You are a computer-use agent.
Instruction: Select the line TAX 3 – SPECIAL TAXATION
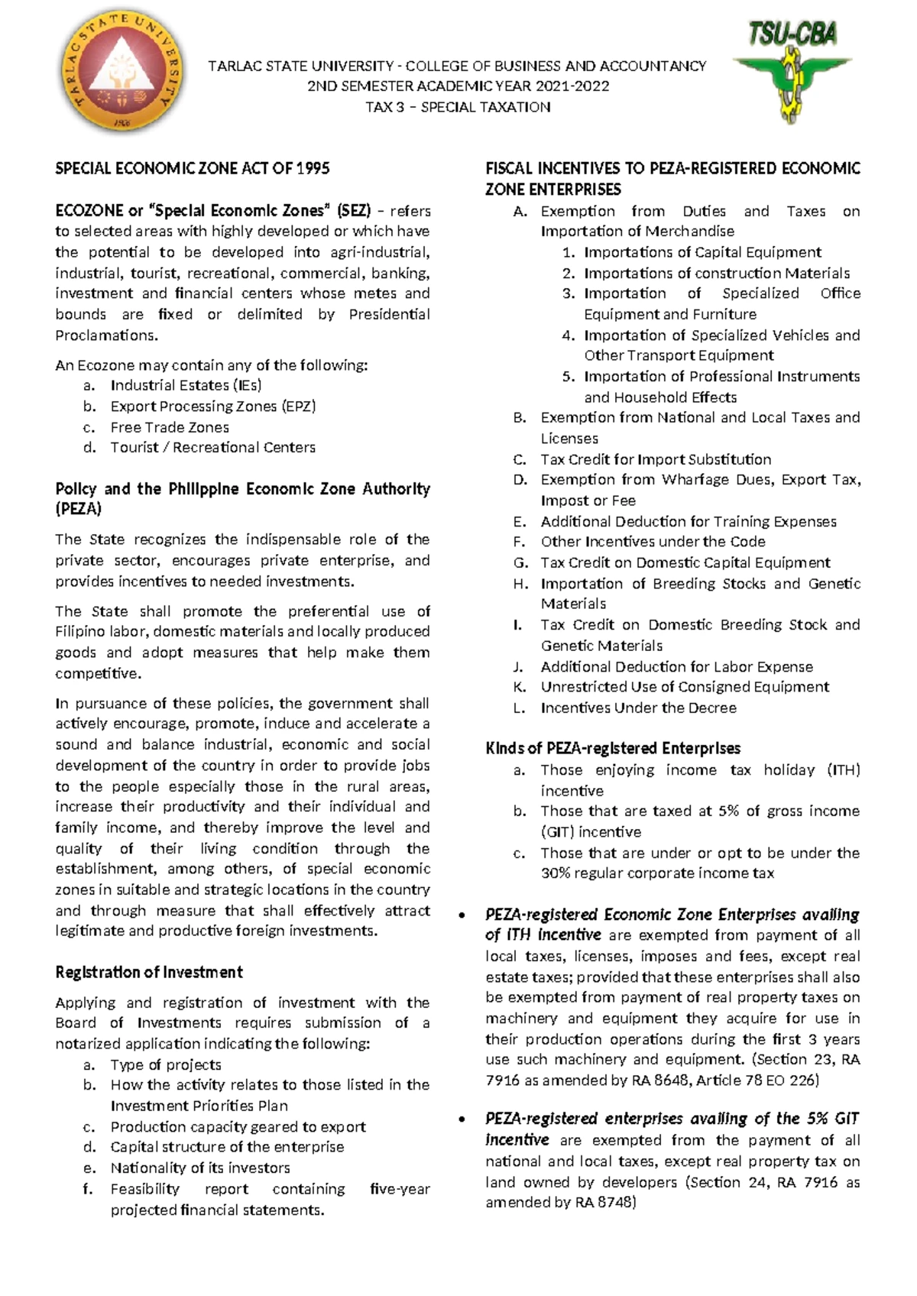coord(458,107)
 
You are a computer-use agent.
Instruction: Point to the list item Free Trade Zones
coord(170,427)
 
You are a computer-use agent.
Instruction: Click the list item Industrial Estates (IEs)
coord(186,385)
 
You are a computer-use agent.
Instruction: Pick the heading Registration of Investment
coord(149,972)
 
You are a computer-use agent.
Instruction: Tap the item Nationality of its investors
coord(200,1168)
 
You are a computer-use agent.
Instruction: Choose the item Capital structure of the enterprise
coord(227,1147)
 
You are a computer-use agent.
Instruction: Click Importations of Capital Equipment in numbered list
coord(702,252)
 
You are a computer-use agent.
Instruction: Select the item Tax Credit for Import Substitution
coord(656,459)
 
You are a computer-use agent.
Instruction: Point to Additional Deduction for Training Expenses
coord(688,521)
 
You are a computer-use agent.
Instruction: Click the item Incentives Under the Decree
coord(638,708)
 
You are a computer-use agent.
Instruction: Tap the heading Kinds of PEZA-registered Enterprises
coord(613,748)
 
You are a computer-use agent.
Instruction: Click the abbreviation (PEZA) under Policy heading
coord(78,509)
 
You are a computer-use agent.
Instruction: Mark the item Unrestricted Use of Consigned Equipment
coord(685,686)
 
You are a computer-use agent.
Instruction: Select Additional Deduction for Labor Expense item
coord(676,666)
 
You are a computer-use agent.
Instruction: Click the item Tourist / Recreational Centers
coord(212,447)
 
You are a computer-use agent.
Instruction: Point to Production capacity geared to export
coord(238,1126)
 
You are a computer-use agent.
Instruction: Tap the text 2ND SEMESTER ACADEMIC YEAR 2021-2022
coord(458,86)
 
